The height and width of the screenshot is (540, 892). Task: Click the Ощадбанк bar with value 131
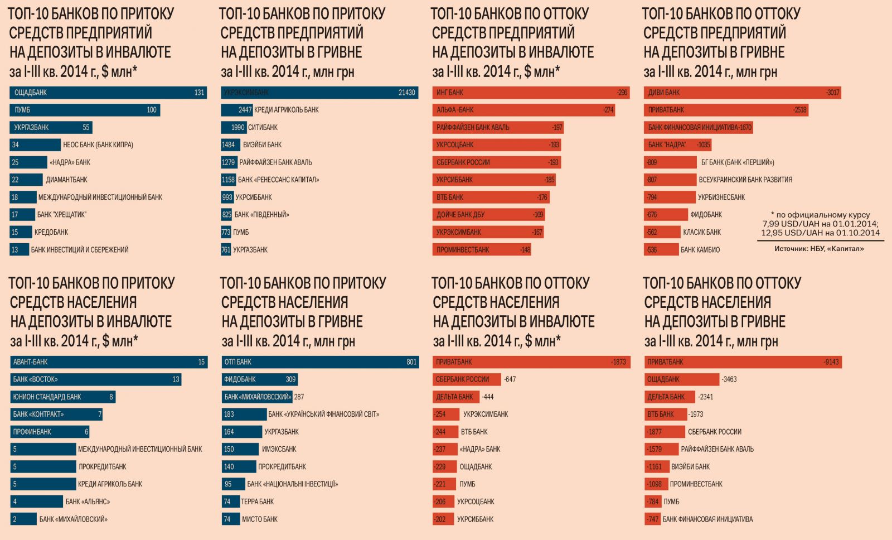108,93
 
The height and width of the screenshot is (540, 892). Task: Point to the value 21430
406,93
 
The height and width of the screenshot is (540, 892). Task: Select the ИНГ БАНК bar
530,93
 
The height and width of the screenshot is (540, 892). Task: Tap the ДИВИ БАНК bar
741,93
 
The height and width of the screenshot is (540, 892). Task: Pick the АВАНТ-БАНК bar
109,362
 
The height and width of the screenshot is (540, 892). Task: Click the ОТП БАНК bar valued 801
320,362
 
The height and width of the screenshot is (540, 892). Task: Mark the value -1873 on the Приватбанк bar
618,362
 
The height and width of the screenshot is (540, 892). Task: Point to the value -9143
831,362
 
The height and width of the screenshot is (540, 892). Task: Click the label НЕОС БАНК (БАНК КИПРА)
98,145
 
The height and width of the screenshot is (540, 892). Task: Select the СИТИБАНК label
263,127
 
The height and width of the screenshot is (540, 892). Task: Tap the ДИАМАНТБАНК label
67,180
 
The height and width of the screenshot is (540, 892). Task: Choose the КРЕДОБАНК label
51,232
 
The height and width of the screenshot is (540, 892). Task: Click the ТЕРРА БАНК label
258,502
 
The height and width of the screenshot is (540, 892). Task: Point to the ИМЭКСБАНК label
279,449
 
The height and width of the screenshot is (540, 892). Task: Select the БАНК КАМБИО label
700,250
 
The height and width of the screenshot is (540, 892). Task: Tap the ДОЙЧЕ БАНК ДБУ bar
488,215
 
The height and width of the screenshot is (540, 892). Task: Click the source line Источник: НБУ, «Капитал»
819,249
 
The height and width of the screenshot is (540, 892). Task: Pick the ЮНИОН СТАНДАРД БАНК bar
62,397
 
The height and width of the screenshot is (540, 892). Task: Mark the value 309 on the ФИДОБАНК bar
290,379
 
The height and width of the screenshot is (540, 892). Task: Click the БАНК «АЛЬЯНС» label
88,502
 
